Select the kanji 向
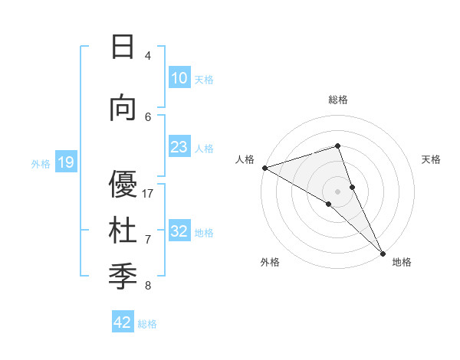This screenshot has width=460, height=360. [123, 108]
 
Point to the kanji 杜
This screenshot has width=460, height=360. [123, 231]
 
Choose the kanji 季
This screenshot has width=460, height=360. [123, 277]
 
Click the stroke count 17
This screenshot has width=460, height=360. [149, 194]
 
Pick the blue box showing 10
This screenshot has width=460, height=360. [179, 78]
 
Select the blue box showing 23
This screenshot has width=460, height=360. [179, 147]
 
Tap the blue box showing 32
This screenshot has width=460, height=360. [179, 231]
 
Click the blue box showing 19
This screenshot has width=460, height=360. [65, 162]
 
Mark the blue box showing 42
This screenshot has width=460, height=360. [123, 322]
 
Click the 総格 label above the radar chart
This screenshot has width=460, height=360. [337, 100]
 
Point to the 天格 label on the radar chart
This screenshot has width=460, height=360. [431, 159]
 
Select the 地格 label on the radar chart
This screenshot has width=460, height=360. [402, 262]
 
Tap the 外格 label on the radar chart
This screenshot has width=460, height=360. [270, 262]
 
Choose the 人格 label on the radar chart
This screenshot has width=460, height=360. [245, 159]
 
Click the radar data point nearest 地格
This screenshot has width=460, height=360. [383, 252]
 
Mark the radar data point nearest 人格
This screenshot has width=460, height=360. [264, 168]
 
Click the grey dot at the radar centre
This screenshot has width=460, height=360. [337, 191]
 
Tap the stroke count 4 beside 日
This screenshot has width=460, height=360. [147, 56]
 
